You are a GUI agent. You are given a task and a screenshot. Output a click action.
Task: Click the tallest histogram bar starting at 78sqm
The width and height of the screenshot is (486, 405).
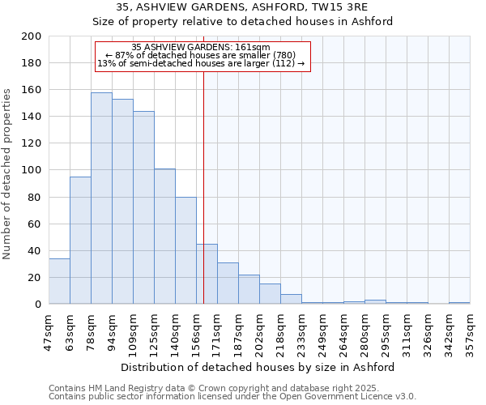pyautogui.click(x=101, y=198)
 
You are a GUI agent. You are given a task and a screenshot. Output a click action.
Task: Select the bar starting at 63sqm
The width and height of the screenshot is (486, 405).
pyautogui.click(x=80, y=240)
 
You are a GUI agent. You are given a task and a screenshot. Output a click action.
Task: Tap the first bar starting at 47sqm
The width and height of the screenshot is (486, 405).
pyautogui.click(x=59, y=281)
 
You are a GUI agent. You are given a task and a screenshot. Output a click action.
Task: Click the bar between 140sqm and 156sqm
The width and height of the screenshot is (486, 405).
pyautogui.click(x=185, y=250)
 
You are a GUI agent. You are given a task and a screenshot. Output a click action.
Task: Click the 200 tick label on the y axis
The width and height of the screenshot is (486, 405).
pyautogui.click(x=32, y=36)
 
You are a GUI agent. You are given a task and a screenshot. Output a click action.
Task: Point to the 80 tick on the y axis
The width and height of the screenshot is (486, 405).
pyautogui.click(x=35, y=197)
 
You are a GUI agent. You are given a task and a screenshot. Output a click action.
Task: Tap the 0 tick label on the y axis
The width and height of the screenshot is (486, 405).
pyautogui.click(x=38, y=304)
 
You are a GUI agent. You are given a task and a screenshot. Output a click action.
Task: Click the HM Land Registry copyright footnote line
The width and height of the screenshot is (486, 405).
pyautogui.click(x=197, y=388)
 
